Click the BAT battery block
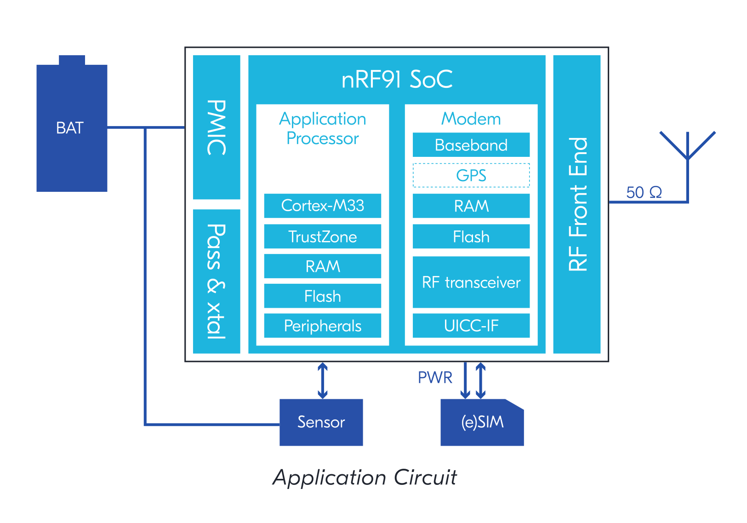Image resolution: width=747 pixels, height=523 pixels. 72,127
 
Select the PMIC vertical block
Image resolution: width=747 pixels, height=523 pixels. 217,127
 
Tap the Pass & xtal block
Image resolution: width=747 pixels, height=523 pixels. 217,281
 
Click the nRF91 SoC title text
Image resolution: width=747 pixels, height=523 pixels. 397,79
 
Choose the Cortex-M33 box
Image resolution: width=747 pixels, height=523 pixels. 322,206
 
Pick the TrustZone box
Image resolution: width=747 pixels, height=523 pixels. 322,236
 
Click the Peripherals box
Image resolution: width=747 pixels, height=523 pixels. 322,326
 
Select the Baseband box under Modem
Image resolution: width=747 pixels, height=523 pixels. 471,145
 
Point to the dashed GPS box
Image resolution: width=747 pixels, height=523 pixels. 471,175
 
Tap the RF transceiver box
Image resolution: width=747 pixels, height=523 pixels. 471,282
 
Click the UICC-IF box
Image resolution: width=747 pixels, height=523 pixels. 471,326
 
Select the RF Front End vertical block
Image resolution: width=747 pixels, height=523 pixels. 576,204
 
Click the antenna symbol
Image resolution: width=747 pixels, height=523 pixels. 687,152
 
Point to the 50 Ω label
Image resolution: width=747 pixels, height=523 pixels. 644,192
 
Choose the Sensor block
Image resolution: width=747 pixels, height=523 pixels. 321,422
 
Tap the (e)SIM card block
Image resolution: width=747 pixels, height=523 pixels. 482,422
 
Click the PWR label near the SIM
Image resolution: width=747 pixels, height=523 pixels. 434,378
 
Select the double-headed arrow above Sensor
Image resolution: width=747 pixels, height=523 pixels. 323,380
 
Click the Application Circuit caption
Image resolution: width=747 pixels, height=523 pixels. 365,477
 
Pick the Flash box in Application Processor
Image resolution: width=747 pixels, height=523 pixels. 322,296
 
